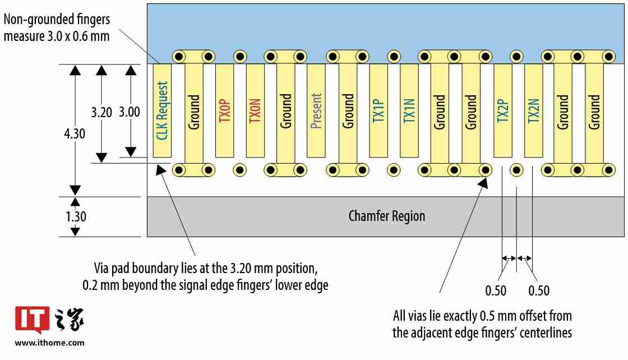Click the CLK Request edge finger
point(162,110)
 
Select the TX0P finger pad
point(224,110)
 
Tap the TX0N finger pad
point(255,110)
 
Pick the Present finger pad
point(316,110)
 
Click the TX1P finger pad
point(378,110)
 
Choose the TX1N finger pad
point(409,110)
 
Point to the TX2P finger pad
point(502,110)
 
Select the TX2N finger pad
point(533,110)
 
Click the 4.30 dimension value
point(75,135)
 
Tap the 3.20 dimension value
point(101,112)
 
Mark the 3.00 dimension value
point(130,112)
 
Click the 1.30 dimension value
point(76,216)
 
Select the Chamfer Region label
point(386,216)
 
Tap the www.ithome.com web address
point(49,343)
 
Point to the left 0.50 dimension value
point(496,290)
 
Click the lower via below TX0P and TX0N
point(240,169)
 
